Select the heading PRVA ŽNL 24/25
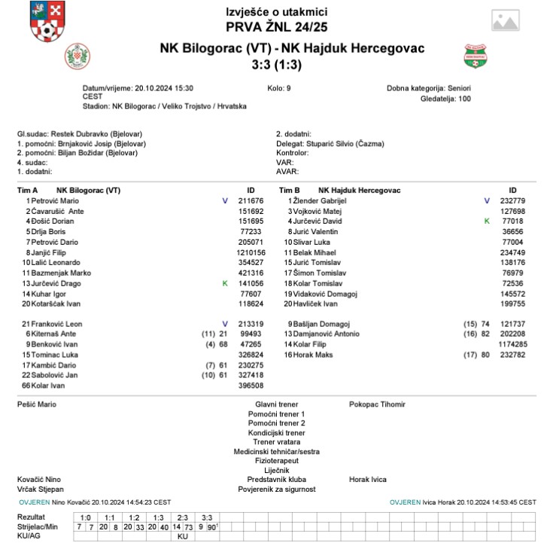[276, 28]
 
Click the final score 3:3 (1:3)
[276, 66]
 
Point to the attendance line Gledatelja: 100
[446, 99]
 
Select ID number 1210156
[250, 252]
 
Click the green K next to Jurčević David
[486, 221]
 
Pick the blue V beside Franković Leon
[224, 324]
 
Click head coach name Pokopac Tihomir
[377, 404]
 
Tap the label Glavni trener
[276, 404]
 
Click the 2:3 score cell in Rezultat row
[183, 517]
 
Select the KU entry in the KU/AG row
[182, 536]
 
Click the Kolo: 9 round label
[276, 88]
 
